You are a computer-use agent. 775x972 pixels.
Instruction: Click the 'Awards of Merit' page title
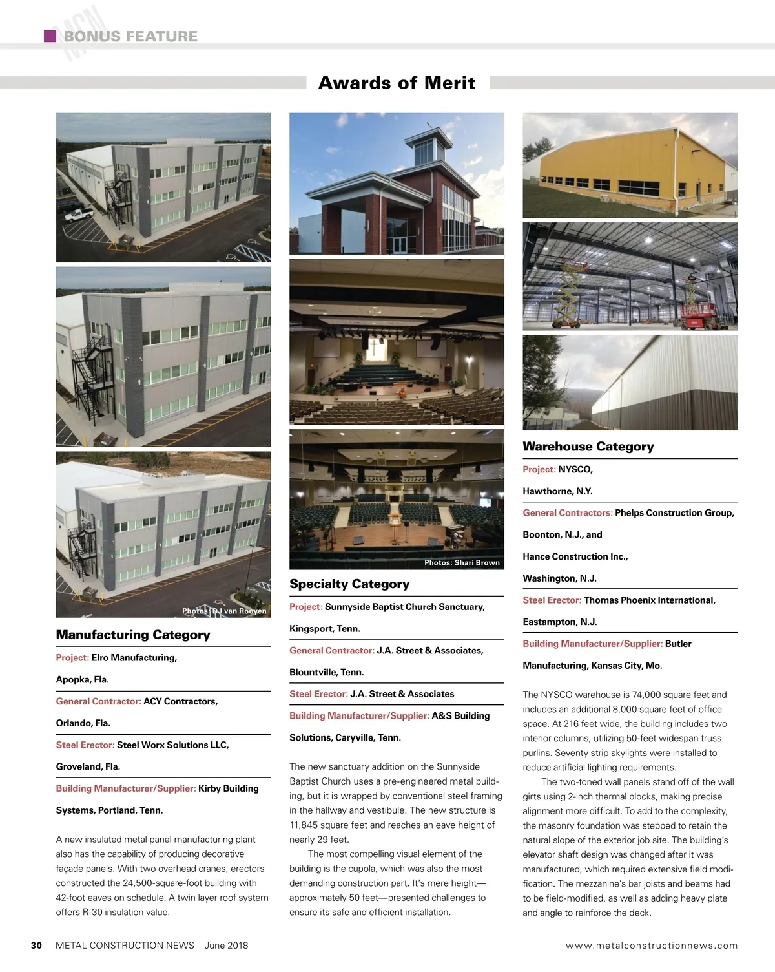point(397,83)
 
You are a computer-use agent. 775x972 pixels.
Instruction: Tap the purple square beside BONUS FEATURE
point(50,36)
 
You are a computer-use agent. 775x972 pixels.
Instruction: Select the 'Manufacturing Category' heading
point(133,635)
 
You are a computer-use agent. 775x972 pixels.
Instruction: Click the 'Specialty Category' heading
point(349,584)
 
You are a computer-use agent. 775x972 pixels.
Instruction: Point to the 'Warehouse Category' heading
point(588,447)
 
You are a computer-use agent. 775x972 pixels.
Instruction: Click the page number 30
point(36,946)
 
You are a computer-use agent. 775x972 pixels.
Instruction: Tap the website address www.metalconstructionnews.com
point(651,946)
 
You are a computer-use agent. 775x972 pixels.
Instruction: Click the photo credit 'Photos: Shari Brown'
point(462,563)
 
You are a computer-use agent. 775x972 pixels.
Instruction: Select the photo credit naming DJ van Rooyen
point(224,611)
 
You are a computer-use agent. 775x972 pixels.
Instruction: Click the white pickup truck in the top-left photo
point(78,214)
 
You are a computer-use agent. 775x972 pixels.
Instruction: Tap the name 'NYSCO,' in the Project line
point(575,469)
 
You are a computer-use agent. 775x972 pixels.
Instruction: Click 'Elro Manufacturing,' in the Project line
point(134,657)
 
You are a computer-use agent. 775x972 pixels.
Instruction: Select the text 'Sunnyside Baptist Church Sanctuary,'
point(405,607)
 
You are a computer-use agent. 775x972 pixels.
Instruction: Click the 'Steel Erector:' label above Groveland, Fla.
point(85,745)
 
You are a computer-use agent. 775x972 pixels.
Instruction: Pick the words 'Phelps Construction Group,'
point(674,513)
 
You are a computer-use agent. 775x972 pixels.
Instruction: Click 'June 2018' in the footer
point(226,946)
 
